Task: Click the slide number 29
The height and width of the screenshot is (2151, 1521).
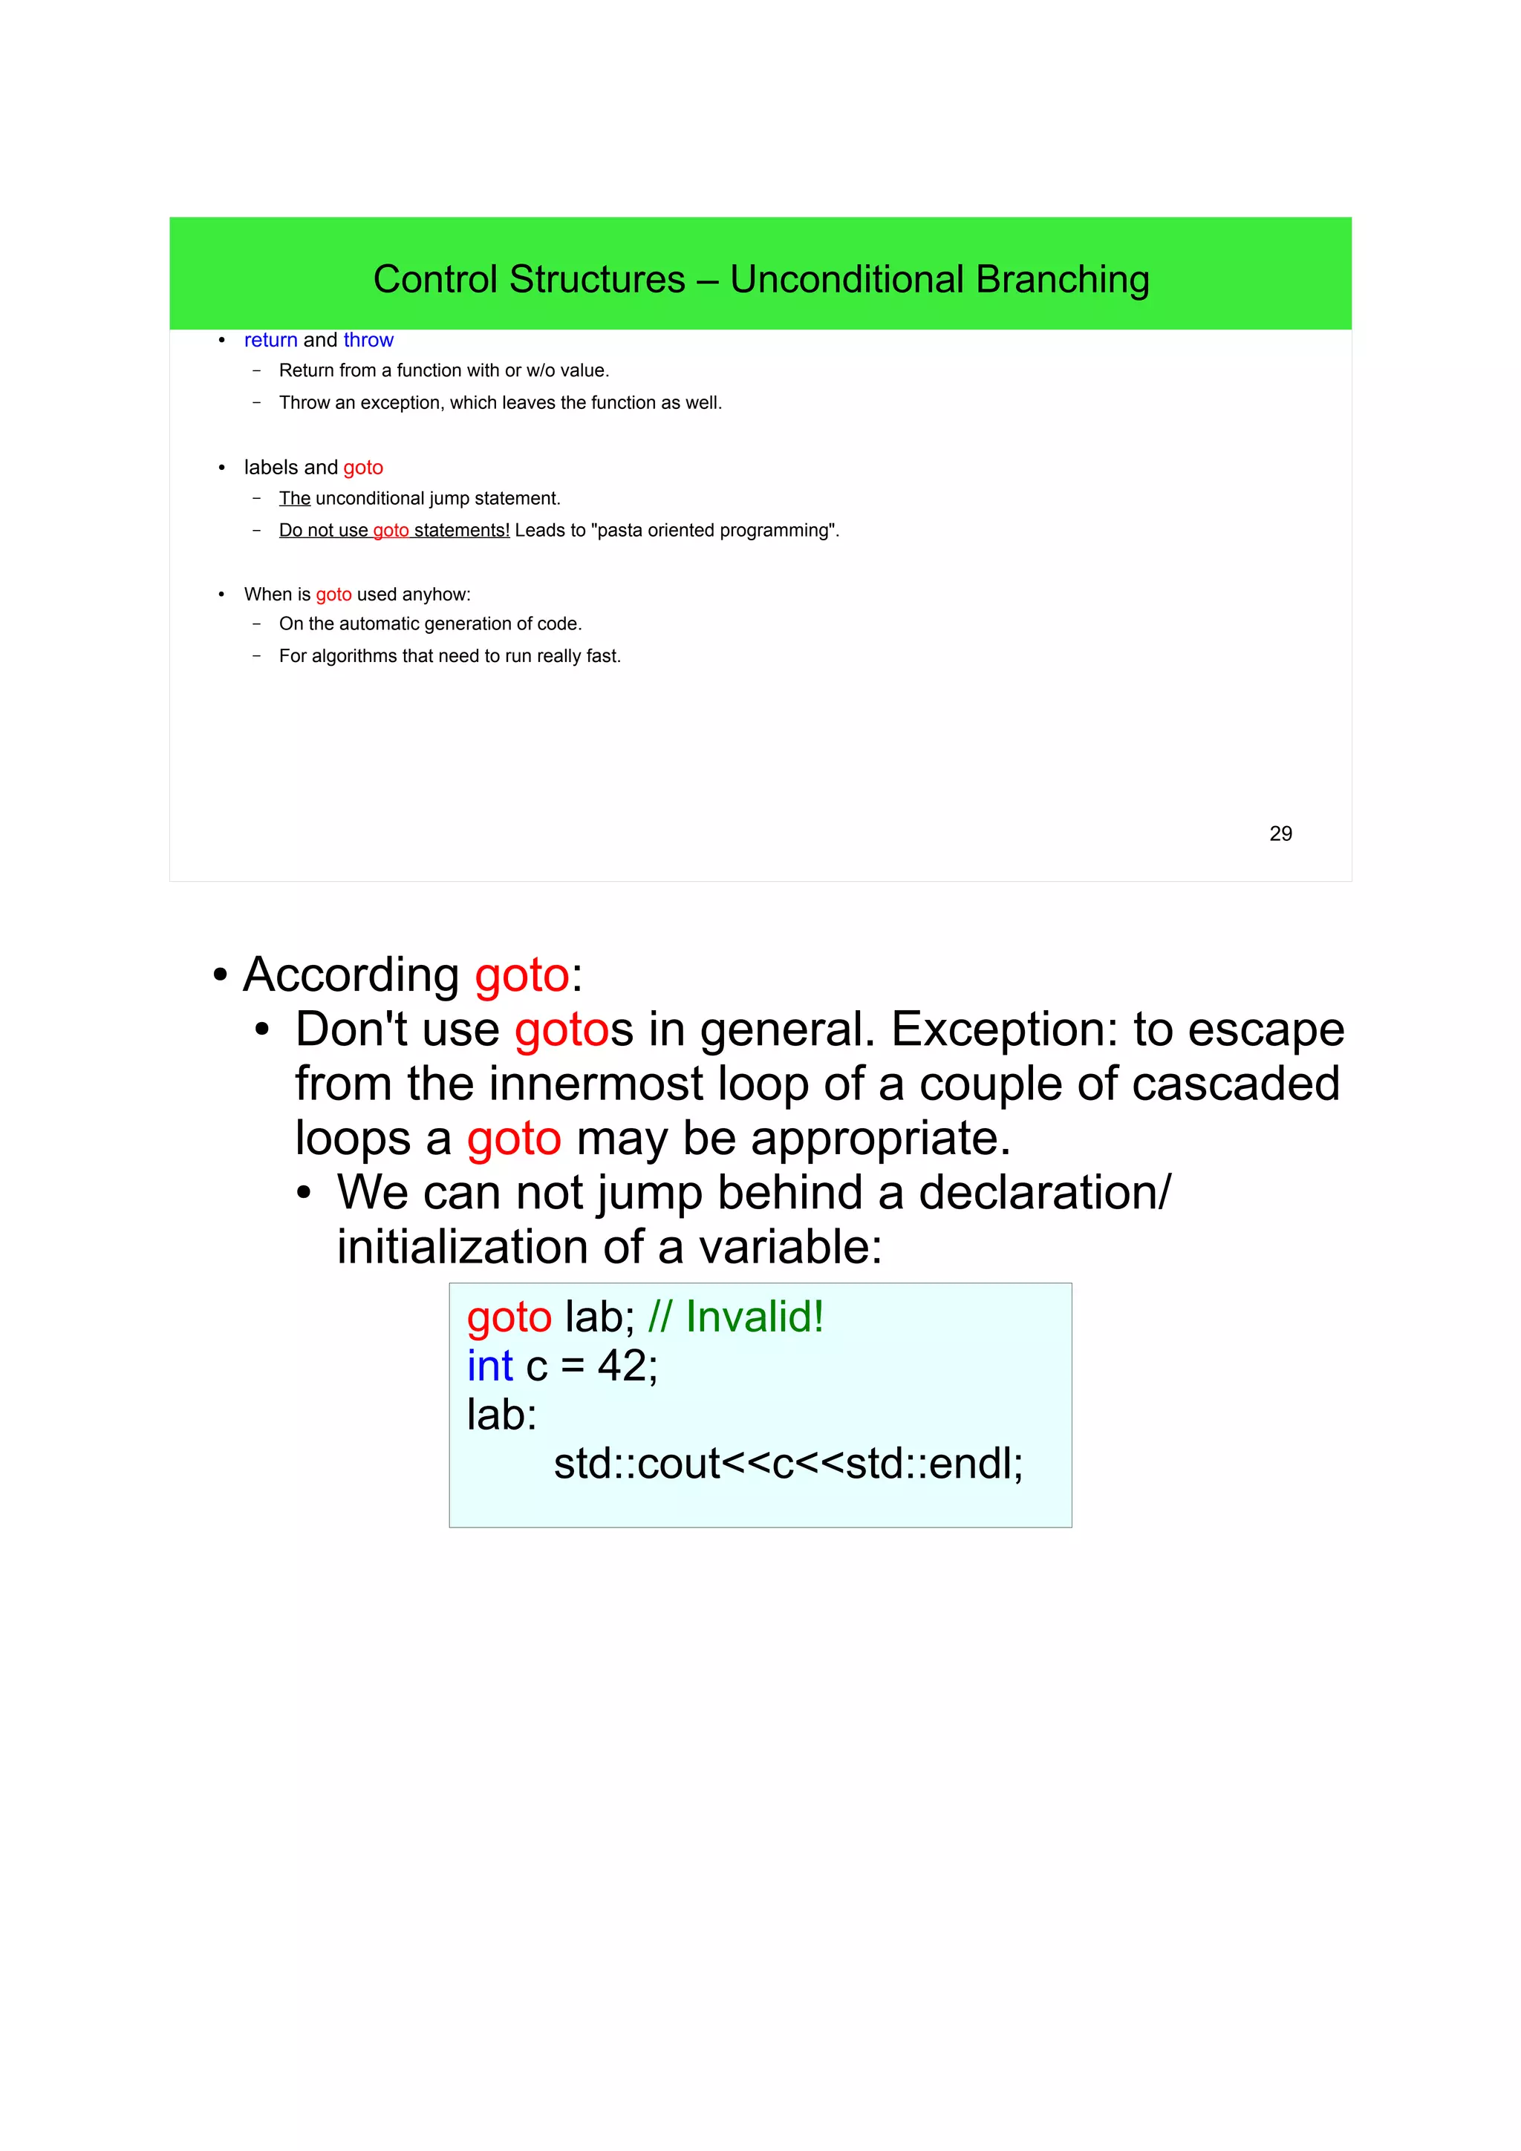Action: [x=1280, y=834]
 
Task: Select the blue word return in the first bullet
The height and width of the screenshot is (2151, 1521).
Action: [x=270, y=340]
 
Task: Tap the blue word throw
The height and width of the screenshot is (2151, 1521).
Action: [x=368, y=340]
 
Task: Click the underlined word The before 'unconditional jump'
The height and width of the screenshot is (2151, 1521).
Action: [x=294, y=498]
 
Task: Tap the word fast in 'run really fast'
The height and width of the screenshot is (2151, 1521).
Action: [x=602, y=656]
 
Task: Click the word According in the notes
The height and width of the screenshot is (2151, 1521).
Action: [x=351, y=975]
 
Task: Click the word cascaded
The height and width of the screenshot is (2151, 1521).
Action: [x=1235, y=1083]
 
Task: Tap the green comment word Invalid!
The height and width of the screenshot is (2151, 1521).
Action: [x=755, y=1316]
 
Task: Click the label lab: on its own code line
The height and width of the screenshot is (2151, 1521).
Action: [x=501, y=1415]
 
